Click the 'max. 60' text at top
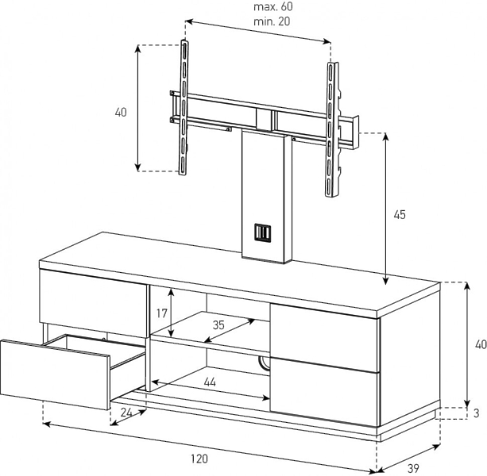(x=273, y=6)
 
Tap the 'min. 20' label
(x=272, y=21)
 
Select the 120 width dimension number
(x=199, y=459)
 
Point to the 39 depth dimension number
(x=413, y=468)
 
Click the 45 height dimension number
(x=400, y=214)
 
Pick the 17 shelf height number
(x=162, y=313)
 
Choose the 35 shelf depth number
(x=218, y=325)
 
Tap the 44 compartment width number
(x=210, y=382)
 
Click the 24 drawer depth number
(x=126, y=413)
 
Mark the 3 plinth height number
(x=476, y=413)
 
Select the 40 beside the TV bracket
(x=121, y=112)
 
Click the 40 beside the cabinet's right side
(x=481, y=344)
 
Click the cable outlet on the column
(x=263, y=232)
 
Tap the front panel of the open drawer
(x=56, y=374)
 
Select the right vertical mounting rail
(x=331, y=129)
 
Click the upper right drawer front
(x=325, y=338)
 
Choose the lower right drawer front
(x=325, y=392)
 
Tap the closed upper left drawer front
(x=93, y=304)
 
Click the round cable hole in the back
(x=263, y=363)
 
